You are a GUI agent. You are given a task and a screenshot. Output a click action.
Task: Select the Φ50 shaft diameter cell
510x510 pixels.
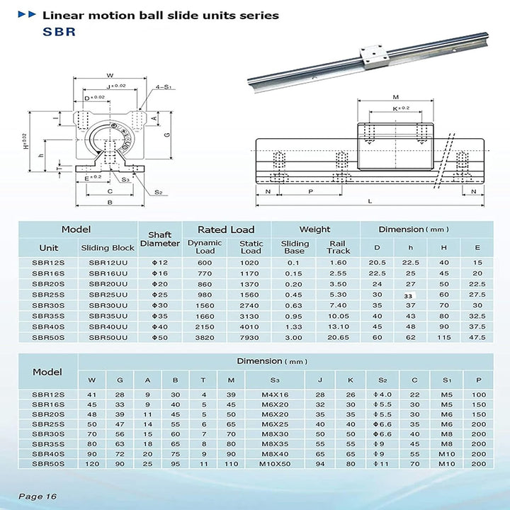tap(159, 337)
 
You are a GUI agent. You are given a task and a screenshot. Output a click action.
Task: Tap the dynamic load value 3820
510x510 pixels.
tap(205, 337)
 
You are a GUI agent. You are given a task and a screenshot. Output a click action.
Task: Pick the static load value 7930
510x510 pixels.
tap(251, 337)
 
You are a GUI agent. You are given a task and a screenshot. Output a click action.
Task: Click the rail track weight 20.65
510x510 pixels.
tap(338, 337)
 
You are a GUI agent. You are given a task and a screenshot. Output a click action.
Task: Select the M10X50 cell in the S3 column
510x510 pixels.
tap(276, 463)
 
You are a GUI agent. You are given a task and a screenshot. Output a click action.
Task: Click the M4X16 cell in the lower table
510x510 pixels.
tap(276, 393)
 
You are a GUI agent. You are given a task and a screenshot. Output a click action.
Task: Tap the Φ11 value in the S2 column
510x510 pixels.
tap(382, 463)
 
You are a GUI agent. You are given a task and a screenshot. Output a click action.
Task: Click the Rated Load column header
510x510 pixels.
tap(226, 229)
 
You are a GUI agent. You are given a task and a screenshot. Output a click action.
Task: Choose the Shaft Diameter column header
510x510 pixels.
tap(159, 239)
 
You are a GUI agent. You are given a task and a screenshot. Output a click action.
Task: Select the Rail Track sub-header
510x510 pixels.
tap(338, 246)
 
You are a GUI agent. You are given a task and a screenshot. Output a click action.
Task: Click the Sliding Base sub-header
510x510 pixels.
tap(294, 246)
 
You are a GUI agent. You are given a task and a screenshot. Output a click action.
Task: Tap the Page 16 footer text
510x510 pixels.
tap(38, 496)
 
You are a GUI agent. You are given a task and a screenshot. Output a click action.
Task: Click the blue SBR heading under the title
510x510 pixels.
tap(59, 31)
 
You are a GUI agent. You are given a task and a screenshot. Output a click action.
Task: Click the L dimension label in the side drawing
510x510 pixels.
tap(369, 201)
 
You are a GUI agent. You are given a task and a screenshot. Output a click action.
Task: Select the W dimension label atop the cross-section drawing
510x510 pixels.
tap(109, 75)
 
